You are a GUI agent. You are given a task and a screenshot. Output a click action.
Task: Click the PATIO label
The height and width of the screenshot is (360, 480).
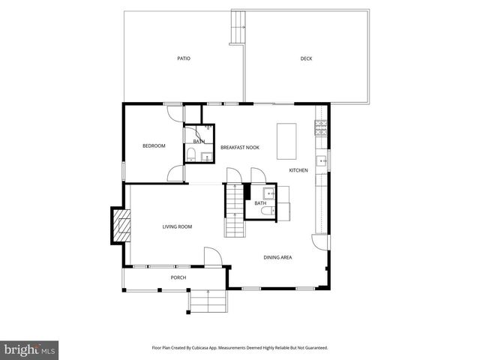point(184,58)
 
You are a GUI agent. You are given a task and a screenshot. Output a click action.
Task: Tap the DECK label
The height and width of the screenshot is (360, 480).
point(306,58)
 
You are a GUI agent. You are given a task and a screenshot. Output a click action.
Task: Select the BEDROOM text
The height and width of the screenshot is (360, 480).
point(154,145)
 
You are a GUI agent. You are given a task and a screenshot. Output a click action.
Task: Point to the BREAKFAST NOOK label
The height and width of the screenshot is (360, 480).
point(240,147)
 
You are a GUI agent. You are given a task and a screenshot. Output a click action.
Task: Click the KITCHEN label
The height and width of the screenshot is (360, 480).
point(298,170)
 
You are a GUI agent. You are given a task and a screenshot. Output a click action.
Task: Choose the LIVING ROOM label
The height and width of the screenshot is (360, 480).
point(178,226)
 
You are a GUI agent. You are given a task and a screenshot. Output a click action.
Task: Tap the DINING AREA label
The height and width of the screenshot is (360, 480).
point(277,257)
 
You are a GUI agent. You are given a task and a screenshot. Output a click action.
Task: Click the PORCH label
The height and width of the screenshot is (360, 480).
point(178,277)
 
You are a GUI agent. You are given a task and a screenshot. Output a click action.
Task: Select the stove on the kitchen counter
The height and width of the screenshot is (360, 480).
point(321,123)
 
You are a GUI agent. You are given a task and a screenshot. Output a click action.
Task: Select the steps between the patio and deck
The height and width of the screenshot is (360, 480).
point(238,28)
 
